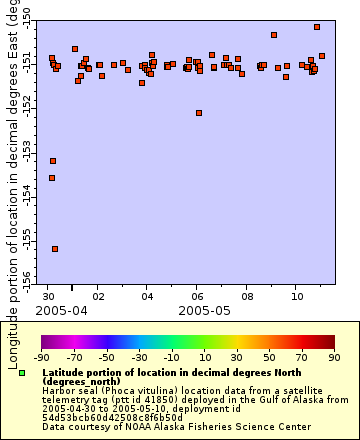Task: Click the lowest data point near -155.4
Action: click(x=55, y=249)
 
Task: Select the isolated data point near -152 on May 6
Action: click(x=199, y=113)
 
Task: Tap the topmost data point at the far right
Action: click(x=317, y=27)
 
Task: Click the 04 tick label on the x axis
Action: click(x=147, y=296)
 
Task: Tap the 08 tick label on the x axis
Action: click(x=246, y=296)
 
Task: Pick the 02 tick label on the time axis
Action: click(x=97, y=296)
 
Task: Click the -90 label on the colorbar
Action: click(x=42, y=356)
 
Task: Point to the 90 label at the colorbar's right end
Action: click(x=333, y=356)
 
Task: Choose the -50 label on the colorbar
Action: click(x=107, y=356)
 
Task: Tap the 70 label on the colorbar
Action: click(x=301, y=356)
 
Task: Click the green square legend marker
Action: click(x=22, y=372)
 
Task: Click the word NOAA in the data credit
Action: click(x=113, y=426)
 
